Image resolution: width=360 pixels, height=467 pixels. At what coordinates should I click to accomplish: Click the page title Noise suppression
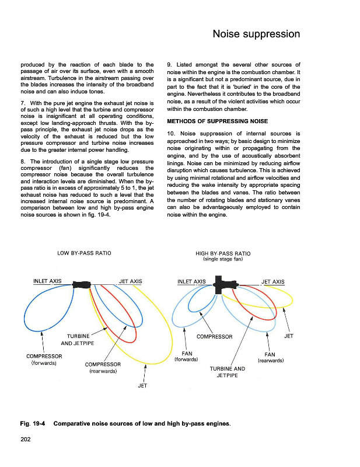(x=257, y=34)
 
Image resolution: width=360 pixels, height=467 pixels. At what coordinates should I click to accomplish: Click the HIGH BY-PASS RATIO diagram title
(x=223, y=253)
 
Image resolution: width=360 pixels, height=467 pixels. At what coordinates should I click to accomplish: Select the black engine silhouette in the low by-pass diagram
(x=81, y=285)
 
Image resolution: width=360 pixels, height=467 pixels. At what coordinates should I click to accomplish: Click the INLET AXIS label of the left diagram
(x=48, y=281)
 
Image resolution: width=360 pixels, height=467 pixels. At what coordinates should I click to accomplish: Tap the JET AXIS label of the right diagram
(x=273, y=282)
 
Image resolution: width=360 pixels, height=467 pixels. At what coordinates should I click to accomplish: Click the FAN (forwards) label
(x=187, y=356)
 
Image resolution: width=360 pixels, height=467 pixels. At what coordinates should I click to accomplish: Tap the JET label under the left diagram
(x=143, y=385)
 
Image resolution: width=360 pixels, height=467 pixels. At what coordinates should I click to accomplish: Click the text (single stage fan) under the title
(x=223, y=260)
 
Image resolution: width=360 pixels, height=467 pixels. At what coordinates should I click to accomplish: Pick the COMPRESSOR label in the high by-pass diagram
(x=214, y=337)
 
